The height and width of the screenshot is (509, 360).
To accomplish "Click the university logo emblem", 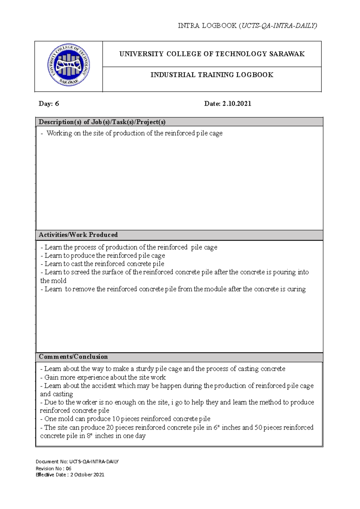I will point(69,65).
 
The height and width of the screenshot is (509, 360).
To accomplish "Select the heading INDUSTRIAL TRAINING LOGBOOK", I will point(212,75).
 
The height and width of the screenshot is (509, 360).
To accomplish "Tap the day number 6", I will point(57,104).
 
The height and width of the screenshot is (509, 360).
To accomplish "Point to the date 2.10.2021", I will point(236,104).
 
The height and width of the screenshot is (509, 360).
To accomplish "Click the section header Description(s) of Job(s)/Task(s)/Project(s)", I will point(102,122).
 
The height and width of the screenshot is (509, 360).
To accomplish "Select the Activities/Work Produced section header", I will point(78,235).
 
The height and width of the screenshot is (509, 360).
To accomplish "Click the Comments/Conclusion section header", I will point(73,357).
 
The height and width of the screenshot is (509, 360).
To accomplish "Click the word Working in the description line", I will point(59,133).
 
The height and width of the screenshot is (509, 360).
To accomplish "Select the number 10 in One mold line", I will point(115,419).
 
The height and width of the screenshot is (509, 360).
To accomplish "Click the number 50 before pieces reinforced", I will point(258,427).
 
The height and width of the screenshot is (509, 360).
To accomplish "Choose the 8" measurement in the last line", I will point(89,436).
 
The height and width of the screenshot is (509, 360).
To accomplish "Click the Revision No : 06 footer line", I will point(53,469).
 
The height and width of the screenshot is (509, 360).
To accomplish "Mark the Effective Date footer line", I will point(70,475).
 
